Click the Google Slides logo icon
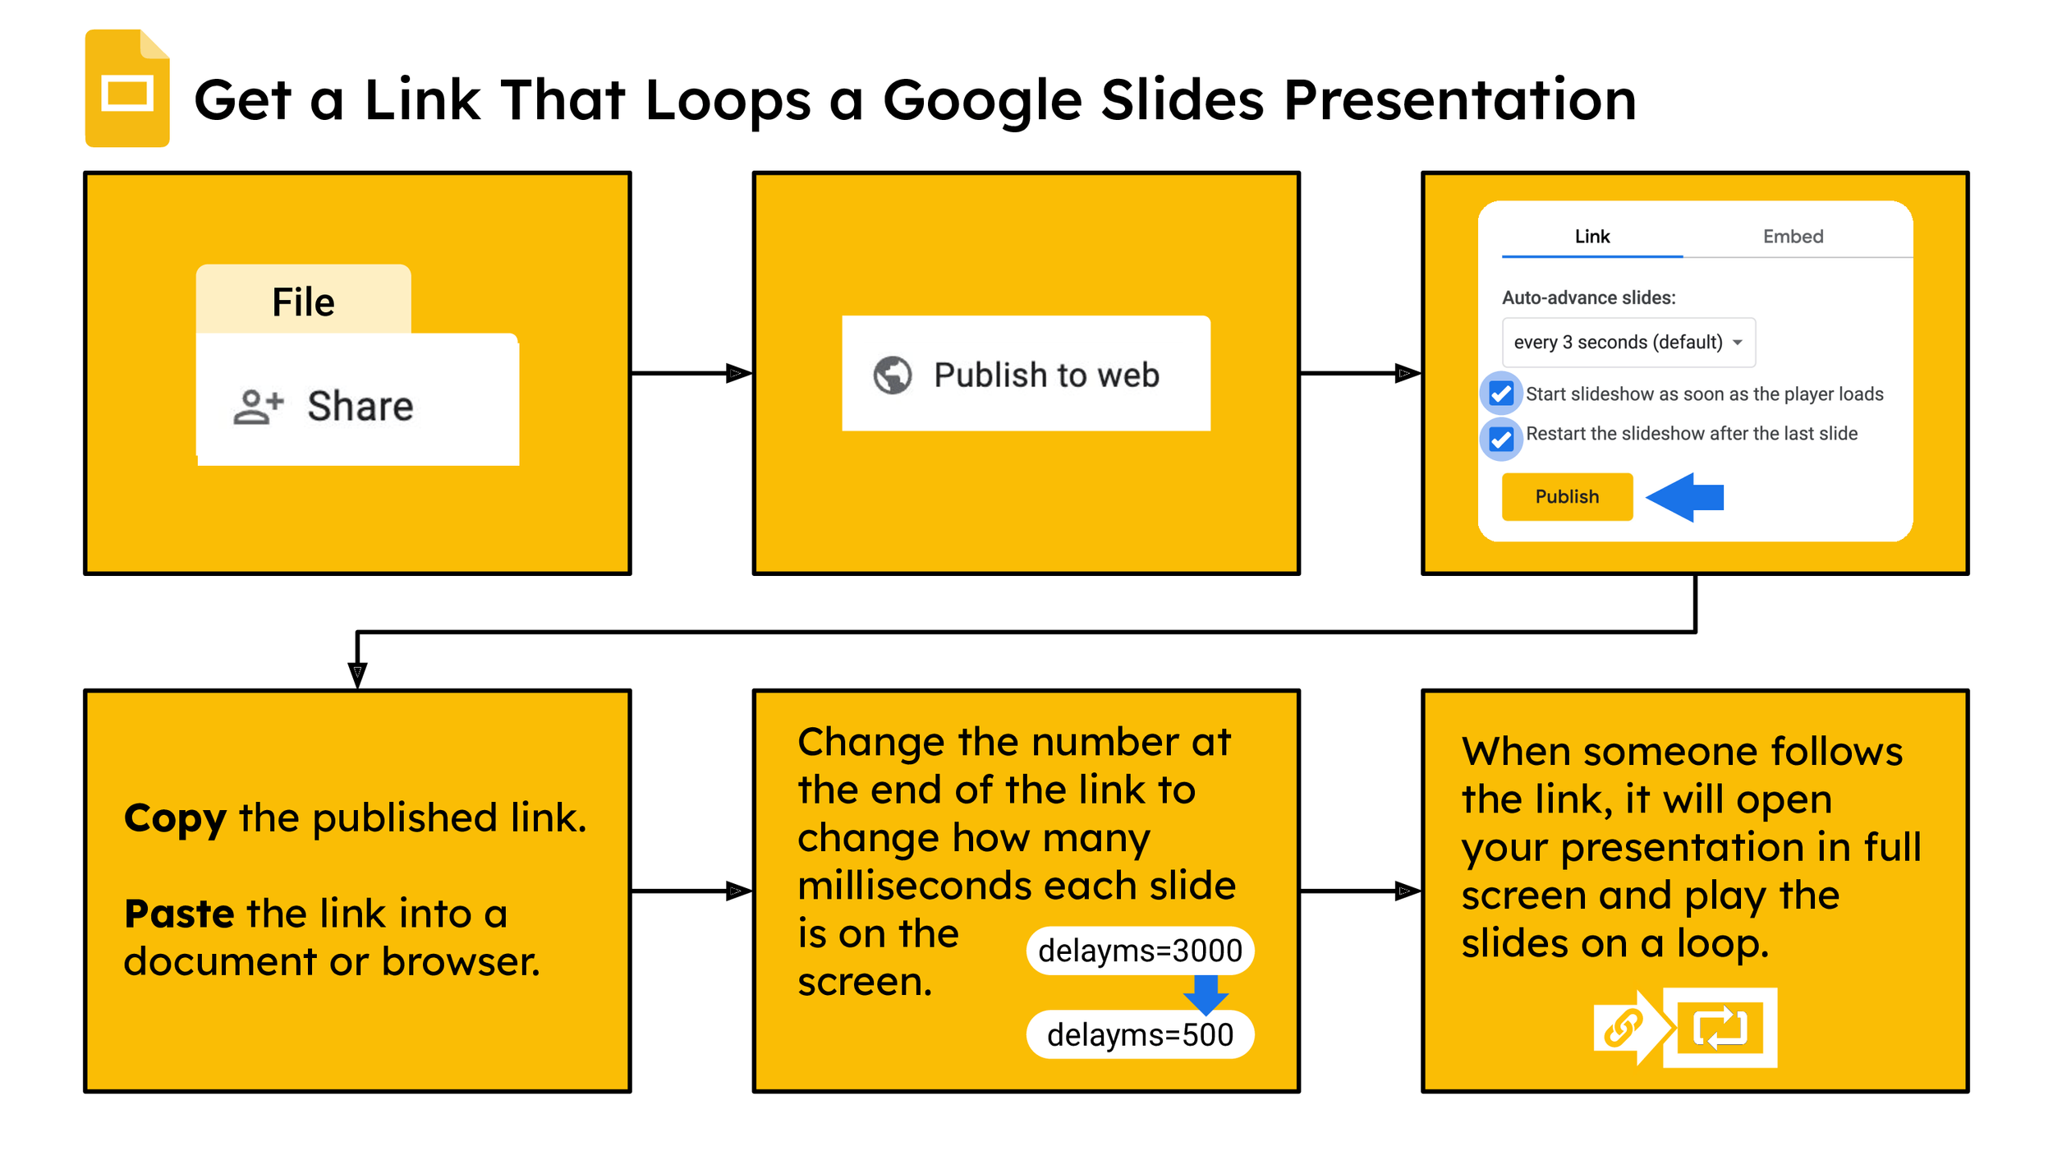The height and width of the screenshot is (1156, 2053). [127, 89]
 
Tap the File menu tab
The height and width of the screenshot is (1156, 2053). [303, 301]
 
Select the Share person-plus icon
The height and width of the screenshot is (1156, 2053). [258, 407]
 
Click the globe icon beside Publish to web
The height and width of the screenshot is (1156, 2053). [893, 375]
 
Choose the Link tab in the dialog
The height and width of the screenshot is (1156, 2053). [1591, 237]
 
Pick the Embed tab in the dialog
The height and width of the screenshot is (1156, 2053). [1793, 237]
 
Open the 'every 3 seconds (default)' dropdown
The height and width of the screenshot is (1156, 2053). [1628, 343]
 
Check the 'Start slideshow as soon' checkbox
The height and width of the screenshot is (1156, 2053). [1501, 394]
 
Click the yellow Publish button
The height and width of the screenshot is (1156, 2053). [1567, 496]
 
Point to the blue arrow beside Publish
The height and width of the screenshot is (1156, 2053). [1684, 497]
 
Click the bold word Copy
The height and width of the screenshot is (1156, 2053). [175, 819]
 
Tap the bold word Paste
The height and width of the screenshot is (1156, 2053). [179, 914]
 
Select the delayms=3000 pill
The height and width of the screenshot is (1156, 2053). [1140, 951]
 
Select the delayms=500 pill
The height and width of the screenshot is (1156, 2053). [1140, 1034]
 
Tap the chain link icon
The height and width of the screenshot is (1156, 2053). [1623, 1028]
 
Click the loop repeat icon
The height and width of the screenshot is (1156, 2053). [1720, 1028]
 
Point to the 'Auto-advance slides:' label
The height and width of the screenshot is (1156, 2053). [1588, 298]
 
